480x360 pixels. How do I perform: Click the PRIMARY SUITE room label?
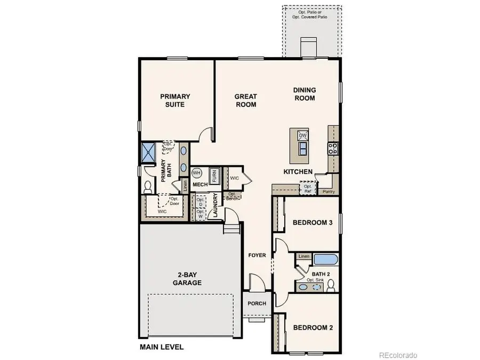point(175,100)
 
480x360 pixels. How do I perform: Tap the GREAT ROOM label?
point(246,100)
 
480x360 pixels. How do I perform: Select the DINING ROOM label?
point(305,94)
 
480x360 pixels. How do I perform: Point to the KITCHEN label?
point(298,172)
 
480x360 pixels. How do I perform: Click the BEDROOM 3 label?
point(313,222)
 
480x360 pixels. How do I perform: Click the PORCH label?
point(257,303)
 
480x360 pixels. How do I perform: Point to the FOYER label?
point(257,255)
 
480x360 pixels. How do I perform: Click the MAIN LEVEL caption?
point(162,347)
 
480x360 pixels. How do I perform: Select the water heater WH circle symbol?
point(196,173)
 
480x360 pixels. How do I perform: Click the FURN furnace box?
point(214,174)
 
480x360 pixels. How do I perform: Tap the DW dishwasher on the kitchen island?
point(302,135)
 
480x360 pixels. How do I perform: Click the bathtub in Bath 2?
point(326,260)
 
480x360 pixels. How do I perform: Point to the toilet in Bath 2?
point(331,286)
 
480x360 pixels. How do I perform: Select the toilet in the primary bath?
point(148,187)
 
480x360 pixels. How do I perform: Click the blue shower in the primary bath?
point(147,153)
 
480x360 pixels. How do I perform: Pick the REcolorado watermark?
point(398,355)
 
